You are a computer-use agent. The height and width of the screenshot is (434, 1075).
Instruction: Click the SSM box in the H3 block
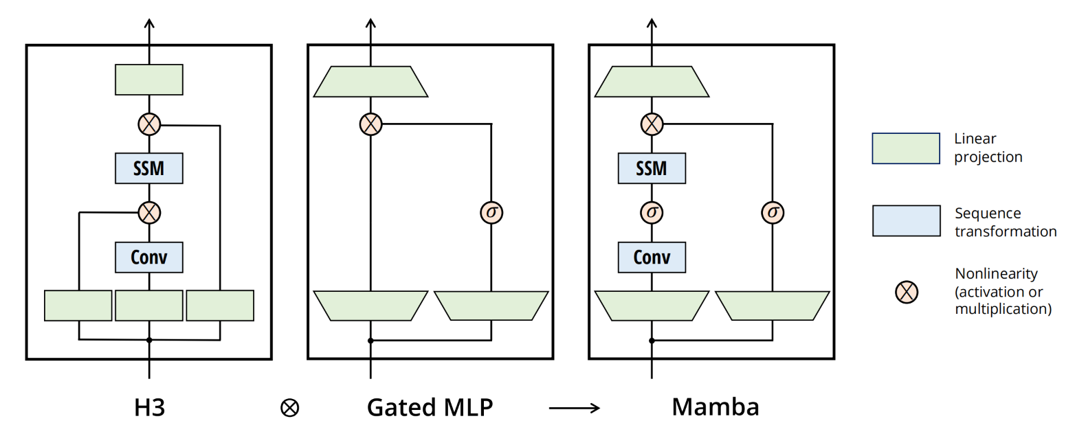click(x=149, y=168)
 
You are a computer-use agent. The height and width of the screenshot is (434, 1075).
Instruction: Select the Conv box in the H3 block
click(x=149, y=258)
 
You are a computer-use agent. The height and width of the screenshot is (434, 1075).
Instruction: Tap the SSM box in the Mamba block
click(x=652, y=168)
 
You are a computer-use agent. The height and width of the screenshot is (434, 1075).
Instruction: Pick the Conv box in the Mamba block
click(x=652, y=258)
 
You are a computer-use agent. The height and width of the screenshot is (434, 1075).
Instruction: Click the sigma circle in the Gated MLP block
click(x=491, y=212)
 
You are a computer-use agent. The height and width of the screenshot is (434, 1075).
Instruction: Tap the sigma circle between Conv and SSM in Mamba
click(x=652, y=212)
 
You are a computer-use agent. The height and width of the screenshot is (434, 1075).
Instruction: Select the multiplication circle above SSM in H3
click(x=149, y=124)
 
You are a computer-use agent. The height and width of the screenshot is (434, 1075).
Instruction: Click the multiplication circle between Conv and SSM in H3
click(x=149, y=212)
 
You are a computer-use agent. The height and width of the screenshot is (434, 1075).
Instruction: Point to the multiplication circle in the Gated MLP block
click(x=370, y=124)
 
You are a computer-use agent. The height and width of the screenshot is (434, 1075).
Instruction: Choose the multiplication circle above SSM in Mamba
click(x=652, y=124)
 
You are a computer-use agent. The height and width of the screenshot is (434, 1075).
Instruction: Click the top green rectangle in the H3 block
click(x=149, y=80)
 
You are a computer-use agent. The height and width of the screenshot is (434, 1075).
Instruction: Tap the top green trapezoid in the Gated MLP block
click(x=370, y=82)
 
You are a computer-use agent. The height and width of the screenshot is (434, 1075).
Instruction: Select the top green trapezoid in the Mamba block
click(x=652, y=82)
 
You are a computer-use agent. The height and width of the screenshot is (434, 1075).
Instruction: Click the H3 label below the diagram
click(x=149, y=407)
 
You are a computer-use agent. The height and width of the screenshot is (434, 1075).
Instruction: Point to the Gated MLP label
click(x=430, y=407)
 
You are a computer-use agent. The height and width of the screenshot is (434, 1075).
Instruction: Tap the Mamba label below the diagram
click(x=715, y=407)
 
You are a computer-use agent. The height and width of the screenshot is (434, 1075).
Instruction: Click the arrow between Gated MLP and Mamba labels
click(x=574, y=409)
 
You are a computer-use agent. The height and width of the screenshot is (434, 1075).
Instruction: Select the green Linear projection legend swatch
click(x=906, y=148)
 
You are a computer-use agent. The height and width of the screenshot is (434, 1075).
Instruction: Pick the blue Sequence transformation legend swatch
click(x=906, y=221)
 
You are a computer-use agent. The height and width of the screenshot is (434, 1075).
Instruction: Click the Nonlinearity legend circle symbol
click(x=907, y=291)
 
